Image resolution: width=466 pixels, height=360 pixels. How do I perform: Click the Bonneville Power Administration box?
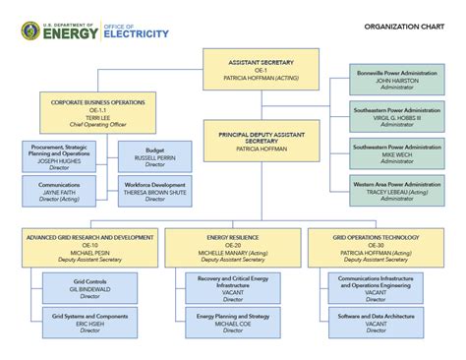(x=397, y=80)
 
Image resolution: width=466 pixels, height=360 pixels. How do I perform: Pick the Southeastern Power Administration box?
(x=397, y=116)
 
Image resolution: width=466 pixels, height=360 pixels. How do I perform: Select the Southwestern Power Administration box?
(x=397, y=153)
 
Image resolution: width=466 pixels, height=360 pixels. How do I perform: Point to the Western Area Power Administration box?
(x=397, y=189)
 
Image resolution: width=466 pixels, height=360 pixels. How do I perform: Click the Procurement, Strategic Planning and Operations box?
(x=59, y=156)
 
